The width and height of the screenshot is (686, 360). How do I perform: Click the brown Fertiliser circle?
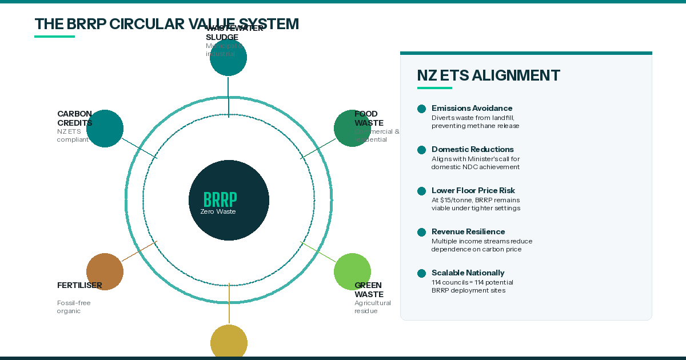pos(105,271)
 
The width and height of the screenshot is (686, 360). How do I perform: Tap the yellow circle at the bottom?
pos(229,343)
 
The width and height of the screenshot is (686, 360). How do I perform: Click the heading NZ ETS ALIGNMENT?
pos(488,75)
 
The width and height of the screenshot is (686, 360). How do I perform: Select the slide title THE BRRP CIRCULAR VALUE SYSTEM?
pos(166,24)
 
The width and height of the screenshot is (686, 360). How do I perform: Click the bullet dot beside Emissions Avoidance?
pos(422,109)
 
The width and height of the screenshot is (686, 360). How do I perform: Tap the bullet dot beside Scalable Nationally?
pos(422,273)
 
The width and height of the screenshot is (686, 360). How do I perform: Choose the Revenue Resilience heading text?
pos(468,231)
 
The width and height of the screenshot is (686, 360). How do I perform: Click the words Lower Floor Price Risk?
pos(473,190)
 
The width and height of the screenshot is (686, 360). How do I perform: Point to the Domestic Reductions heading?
pos(472,149)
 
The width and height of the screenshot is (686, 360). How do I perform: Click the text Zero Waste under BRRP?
pos(218,211)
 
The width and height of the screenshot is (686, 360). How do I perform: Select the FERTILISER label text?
pos(79,285)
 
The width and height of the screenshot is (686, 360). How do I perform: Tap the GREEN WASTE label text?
pos(369,290)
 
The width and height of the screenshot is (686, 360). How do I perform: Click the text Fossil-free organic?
pos(74,307)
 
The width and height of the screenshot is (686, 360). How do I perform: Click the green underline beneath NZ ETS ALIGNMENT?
pos(434,88)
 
